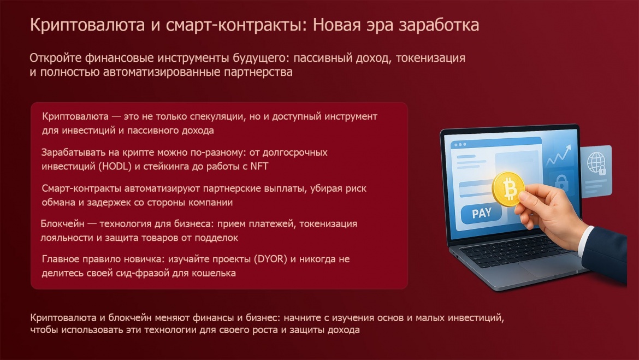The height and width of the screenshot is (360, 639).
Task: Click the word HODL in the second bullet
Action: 115,166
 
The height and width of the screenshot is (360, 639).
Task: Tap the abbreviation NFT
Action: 259,166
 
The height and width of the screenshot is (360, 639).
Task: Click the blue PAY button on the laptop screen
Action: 481,213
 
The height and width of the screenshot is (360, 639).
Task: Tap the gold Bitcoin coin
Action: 508,189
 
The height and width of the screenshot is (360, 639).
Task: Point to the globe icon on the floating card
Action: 595,162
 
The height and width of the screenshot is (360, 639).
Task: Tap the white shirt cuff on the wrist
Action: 585,241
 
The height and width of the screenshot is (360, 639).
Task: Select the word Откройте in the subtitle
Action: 55,58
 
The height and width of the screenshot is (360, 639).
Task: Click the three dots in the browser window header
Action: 460,145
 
